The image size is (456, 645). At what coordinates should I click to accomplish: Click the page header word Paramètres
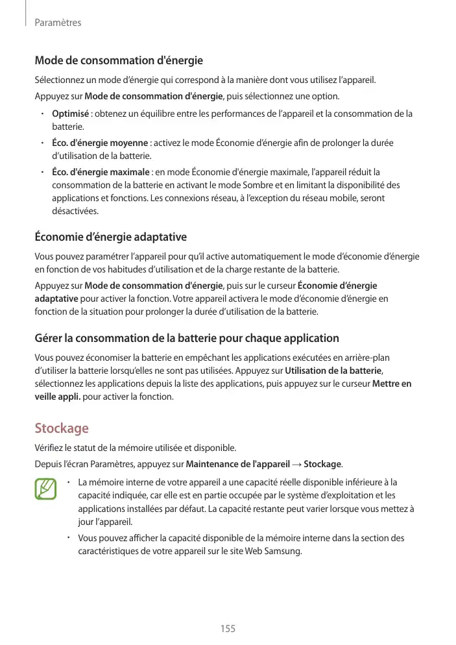point(58,23)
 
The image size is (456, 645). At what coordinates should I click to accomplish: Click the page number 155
point(228,629)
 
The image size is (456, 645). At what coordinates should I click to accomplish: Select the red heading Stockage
point(61,429)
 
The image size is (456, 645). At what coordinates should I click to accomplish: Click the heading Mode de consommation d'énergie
point(119,61)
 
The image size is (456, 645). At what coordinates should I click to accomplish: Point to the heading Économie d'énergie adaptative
point(110,237)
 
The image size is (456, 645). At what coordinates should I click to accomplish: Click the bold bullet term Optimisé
point(70,114)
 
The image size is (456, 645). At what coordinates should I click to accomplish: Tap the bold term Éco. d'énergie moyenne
point(100,143)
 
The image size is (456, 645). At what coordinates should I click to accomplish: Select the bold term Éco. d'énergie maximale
point(101,172)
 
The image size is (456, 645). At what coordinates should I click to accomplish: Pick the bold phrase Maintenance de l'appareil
point(238,464)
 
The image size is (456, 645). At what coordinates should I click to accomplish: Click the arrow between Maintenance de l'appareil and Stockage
point(297,464)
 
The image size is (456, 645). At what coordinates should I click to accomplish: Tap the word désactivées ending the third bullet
point(75,212)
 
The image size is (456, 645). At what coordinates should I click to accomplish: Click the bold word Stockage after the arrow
point(322,464)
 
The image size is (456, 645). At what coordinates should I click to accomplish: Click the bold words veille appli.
point(58,396)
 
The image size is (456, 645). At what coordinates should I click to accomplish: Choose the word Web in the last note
point(256,552)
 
